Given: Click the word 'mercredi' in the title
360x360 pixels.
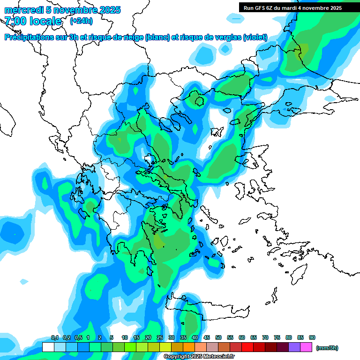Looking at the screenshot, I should (x=21, y=10).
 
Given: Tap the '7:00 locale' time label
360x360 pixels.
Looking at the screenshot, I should (x=33, y=21).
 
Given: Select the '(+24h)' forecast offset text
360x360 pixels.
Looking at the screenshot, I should (x=81, y=21).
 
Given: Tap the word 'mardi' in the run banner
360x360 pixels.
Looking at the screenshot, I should (x=300, y=8).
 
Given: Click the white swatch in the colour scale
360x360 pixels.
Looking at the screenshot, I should (x=48, y=347).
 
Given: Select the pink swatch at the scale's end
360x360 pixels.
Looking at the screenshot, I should (x=306, y=347).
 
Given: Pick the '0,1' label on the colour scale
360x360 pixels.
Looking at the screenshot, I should (x=54, y=338).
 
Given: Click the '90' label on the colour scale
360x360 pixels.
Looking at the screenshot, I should (x=312, y=338).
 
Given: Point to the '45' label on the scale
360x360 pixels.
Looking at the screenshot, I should (x=207, y=338).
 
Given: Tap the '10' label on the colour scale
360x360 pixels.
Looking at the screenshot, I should (x=125, y=338).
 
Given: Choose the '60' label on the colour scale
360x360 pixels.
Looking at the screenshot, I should (x=242, y=338).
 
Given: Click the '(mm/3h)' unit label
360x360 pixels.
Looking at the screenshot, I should (x=327, y=348).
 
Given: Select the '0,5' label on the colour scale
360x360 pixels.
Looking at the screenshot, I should (x=78, y=338).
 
